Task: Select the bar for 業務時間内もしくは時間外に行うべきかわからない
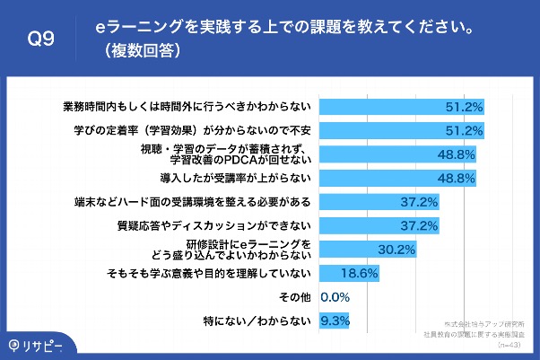pos(403,106)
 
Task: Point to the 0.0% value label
pos(334,296)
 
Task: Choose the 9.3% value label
pos(335,320)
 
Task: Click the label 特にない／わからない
pos(259,320)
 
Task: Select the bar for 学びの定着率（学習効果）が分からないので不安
pos(403,129)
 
